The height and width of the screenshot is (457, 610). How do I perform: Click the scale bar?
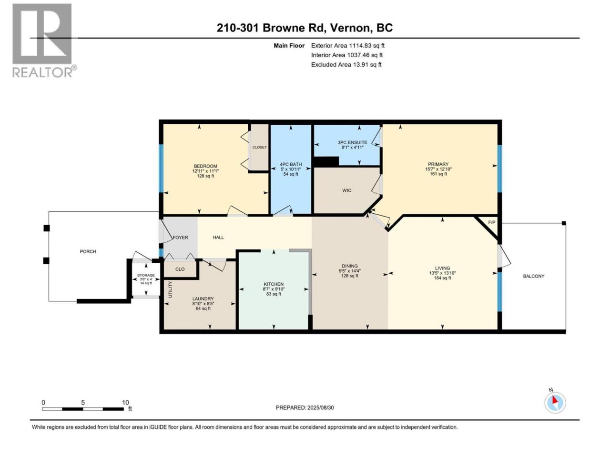(x=83, y=409)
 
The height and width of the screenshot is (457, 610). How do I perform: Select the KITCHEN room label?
(x=274, y=284)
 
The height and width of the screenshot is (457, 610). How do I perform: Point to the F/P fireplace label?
(x=492, y=222)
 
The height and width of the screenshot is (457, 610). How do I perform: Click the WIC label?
(x=346, y=190)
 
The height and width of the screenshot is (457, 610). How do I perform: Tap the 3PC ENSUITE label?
(x=352, y=142)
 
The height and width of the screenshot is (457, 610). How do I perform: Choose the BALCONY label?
(x=534, y=276)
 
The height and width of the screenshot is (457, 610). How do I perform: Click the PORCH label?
(x=88, y=251)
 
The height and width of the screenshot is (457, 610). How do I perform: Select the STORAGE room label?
(x=146, y=275)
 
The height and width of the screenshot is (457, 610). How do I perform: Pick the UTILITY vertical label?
(x=170, y=289)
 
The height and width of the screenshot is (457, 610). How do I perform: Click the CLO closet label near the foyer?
(x=180, y=269)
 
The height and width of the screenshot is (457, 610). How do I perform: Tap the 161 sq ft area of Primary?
(x=438, y=174)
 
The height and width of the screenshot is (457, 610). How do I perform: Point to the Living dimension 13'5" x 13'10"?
(x=442, y=273)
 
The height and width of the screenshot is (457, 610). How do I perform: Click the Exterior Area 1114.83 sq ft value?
(x=348, y=46)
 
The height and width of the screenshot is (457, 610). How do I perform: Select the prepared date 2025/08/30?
(x=320, y=407)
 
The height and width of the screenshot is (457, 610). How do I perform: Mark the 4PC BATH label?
(x=291, y=164)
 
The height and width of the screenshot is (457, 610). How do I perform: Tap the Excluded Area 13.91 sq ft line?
(x=346, y=65)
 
